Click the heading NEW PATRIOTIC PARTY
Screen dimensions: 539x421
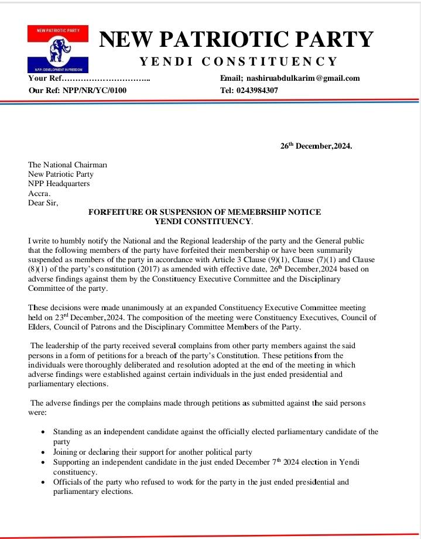tap(236, 40)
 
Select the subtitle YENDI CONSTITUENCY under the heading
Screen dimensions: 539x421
tap(238, 62)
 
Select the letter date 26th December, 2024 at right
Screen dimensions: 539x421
tap(316, 146)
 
